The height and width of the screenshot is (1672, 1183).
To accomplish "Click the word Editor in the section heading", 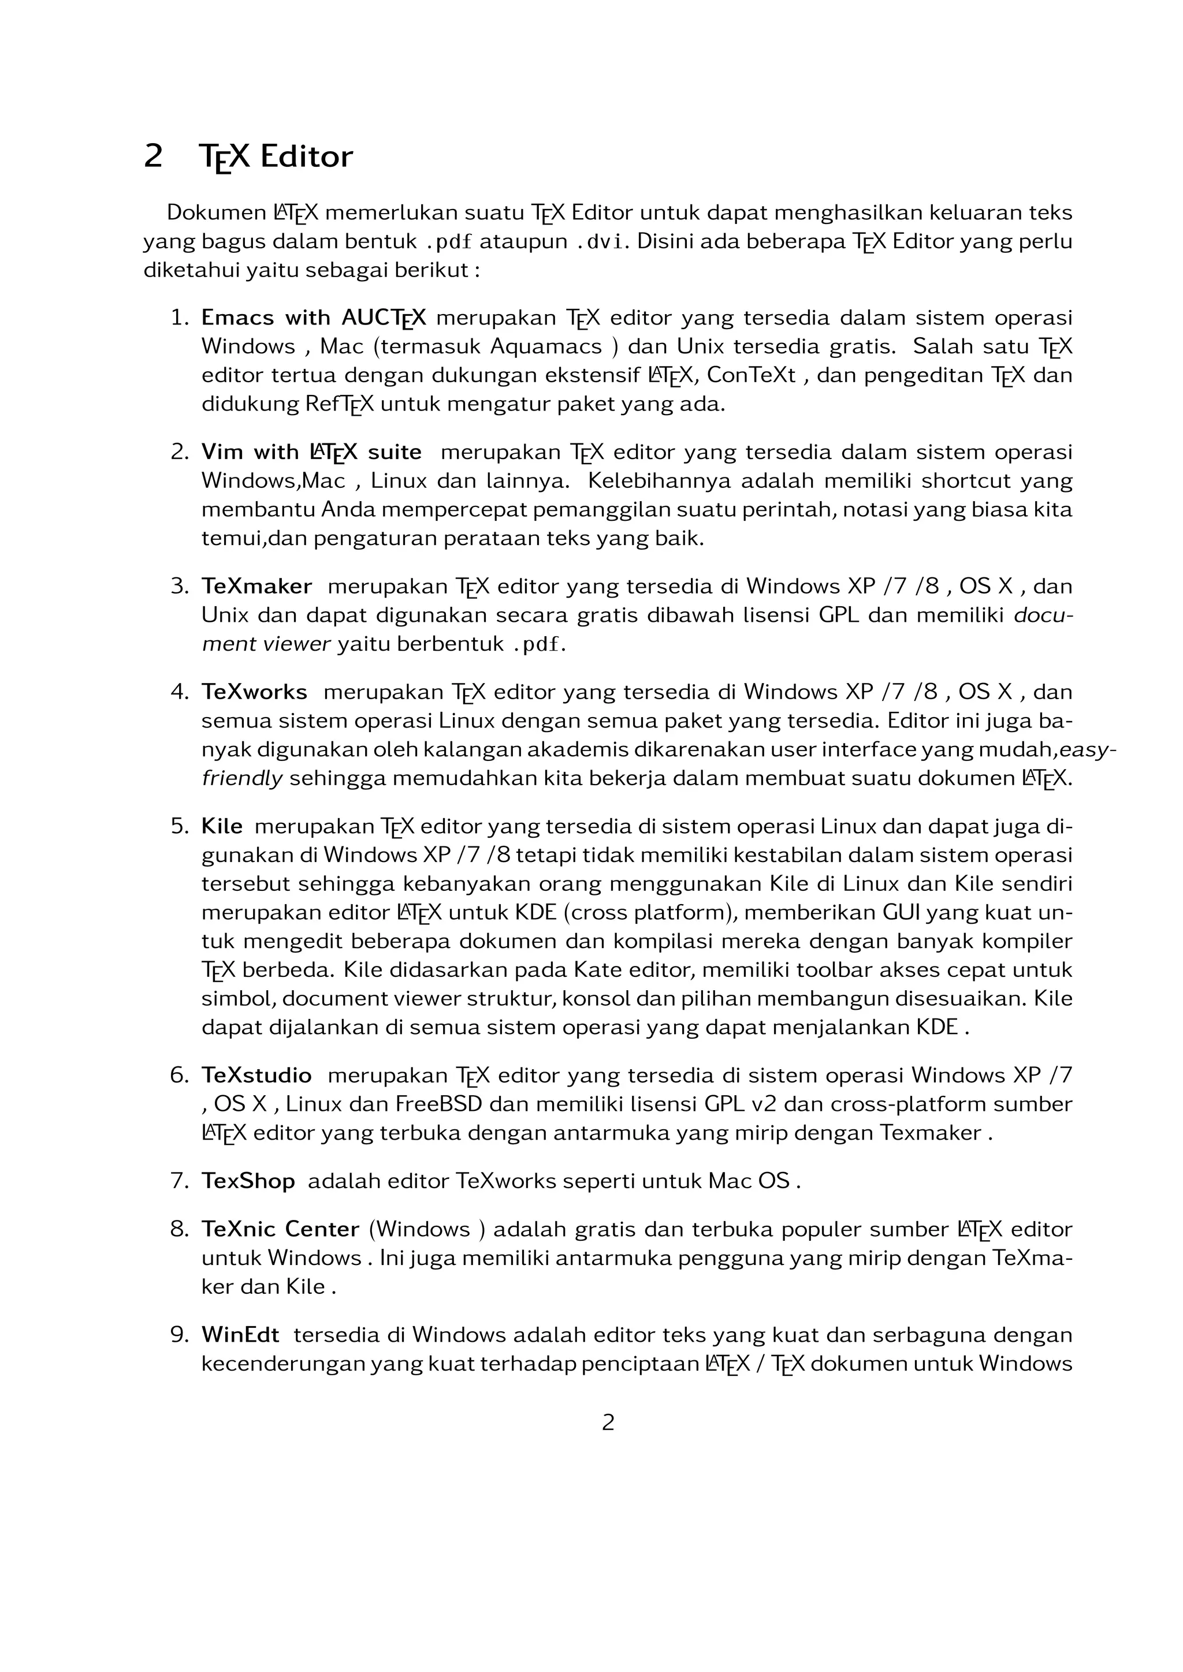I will [306, 156].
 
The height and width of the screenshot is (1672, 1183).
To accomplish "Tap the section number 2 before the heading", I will [153, 156].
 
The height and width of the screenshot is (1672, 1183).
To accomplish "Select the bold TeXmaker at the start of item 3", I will [256, 586].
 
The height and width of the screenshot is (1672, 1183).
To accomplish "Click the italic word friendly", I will [242, 778].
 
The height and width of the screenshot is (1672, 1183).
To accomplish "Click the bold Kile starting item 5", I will [222, 827].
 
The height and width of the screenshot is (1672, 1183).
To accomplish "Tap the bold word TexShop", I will [248, 1181].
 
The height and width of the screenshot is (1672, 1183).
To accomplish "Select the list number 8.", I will [179, 1229].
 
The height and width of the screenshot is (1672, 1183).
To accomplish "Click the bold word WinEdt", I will [240, 1335].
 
